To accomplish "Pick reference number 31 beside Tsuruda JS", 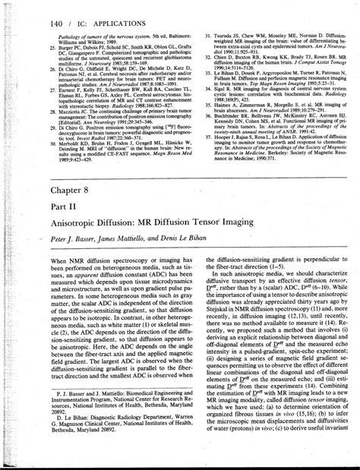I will pyautogui.click(x=199, y=36).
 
